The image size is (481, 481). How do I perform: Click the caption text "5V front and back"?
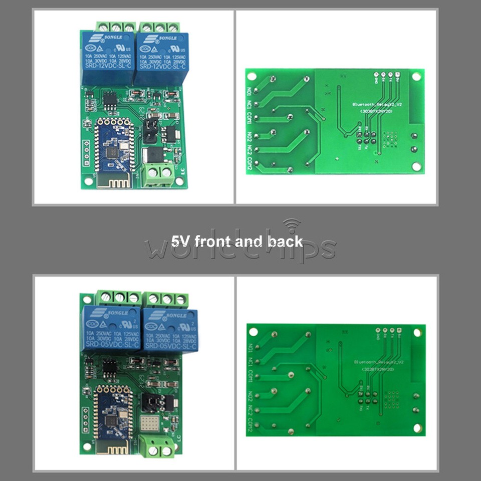pyautogui.click(x=236, y=242)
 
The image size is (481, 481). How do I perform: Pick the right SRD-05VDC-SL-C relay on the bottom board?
pyautogui.click(x=170, y=330)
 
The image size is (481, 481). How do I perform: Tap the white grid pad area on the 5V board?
pyautogui.click(x=151, y=424)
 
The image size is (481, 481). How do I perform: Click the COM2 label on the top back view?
pyautogui.click(x=249, y=165)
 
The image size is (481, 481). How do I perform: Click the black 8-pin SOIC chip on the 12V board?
pyautogui.click(x=111, y=102)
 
